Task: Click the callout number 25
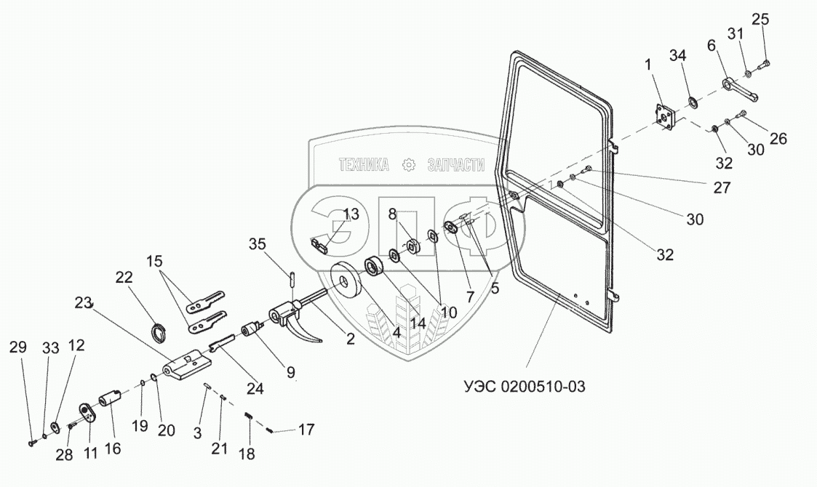tap(760, 19)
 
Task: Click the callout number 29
tap(19, 347)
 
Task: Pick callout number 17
tap(306, 429)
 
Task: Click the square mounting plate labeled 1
tap(663, 118)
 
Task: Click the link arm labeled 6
tap(741, 89)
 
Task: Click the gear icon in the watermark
tap(410, 165)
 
